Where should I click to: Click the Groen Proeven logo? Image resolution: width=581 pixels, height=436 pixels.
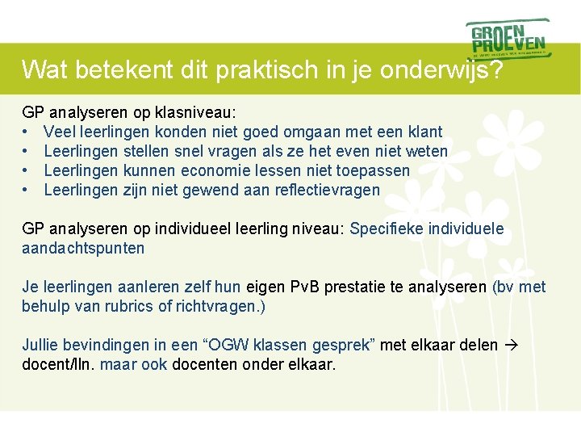tap(508, 38)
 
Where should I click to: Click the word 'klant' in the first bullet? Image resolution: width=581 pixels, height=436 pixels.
tap(424, 132)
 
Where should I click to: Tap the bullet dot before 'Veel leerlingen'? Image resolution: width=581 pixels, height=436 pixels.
tap(26, 132)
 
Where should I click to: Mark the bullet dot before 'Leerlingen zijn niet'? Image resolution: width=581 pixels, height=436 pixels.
tap(26, 190)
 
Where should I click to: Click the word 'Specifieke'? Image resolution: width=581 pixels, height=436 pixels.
tap(387, 228)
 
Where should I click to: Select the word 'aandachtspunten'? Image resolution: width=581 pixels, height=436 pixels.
tap(83, 248)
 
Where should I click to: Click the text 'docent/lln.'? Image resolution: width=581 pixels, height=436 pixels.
tap(57, 364)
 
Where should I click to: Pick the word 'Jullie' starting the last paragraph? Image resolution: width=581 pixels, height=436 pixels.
tap(41, 345)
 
